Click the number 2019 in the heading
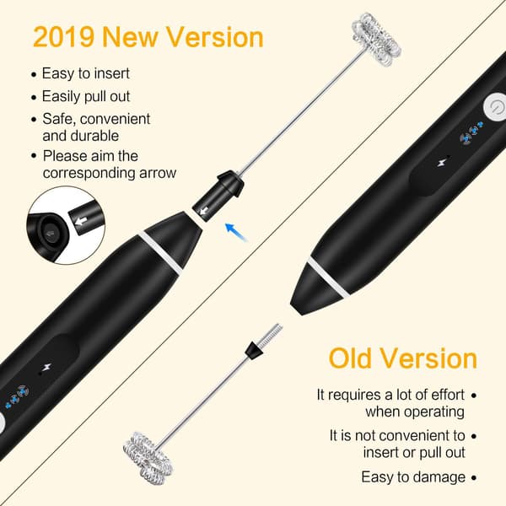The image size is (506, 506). point(63,37)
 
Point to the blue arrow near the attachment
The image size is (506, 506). point(236,231)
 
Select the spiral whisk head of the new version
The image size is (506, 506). point(376,39)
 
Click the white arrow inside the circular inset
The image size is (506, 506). point(82,220)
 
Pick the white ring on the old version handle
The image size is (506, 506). point(328,277)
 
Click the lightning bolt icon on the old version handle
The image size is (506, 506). point(443,161)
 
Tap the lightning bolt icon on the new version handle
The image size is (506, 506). point(46,368)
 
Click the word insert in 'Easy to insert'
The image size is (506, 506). point(112,73)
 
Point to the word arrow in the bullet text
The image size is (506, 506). point(158,173)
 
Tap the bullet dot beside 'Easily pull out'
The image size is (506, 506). point(34,97)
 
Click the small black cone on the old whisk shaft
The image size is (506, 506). point(253,350)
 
